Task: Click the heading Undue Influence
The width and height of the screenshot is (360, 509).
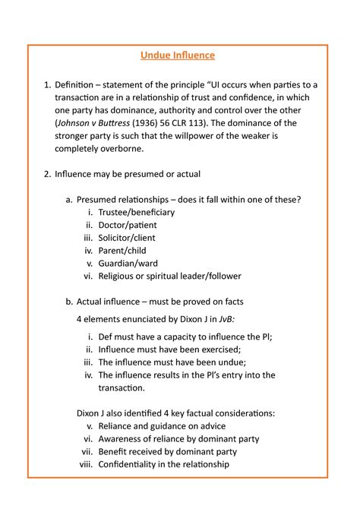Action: tap(178, 55)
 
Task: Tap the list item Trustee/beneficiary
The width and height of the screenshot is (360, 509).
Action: tap(137, 212)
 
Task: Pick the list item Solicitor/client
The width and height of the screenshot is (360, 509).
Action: tap(130, 238)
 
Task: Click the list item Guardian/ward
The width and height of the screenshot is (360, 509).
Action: tap(127, 264)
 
